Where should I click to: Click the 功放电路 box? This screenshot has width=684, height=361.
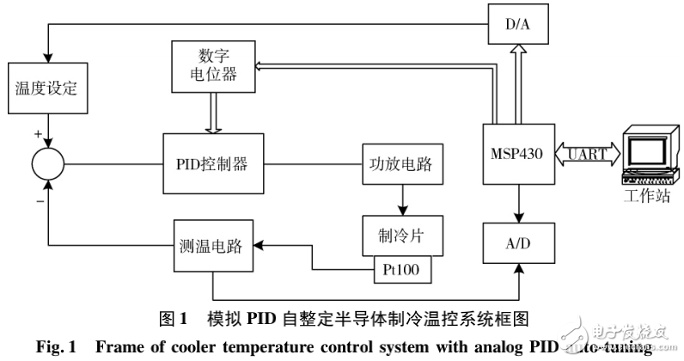[x=402, y=162]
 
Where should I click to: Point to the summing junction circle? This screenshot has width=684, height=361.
[x=47, y=162]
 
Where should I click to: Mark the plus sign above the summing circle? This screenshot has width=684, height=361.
[x=38, y=134]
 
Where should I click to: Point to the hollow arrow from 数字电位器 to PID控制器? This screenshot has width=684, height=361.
[x=214, y=113]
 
